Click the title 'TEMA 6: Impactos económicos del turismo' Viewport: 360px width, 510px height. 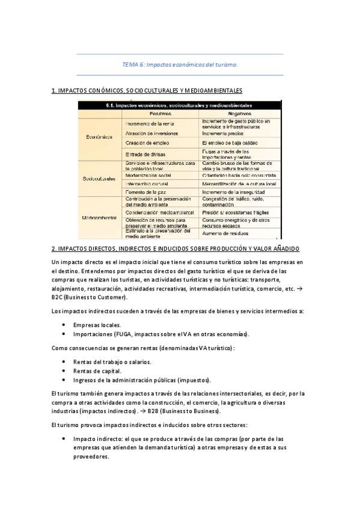(180, 64)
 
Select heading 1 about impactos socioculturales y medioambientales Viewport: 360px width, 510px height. (147, 91)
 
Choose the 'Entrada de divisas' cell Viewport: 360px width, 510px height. (145, 154)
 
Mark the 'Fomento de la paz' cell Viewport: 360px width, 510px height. (145, 192)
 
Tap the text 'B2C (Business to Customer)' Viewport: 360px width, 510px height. (89, 296)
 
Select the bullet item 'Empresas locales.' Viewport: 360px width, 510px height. (96, 325)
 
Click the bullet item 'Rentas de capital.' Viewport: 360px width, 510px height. (96, 371)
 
